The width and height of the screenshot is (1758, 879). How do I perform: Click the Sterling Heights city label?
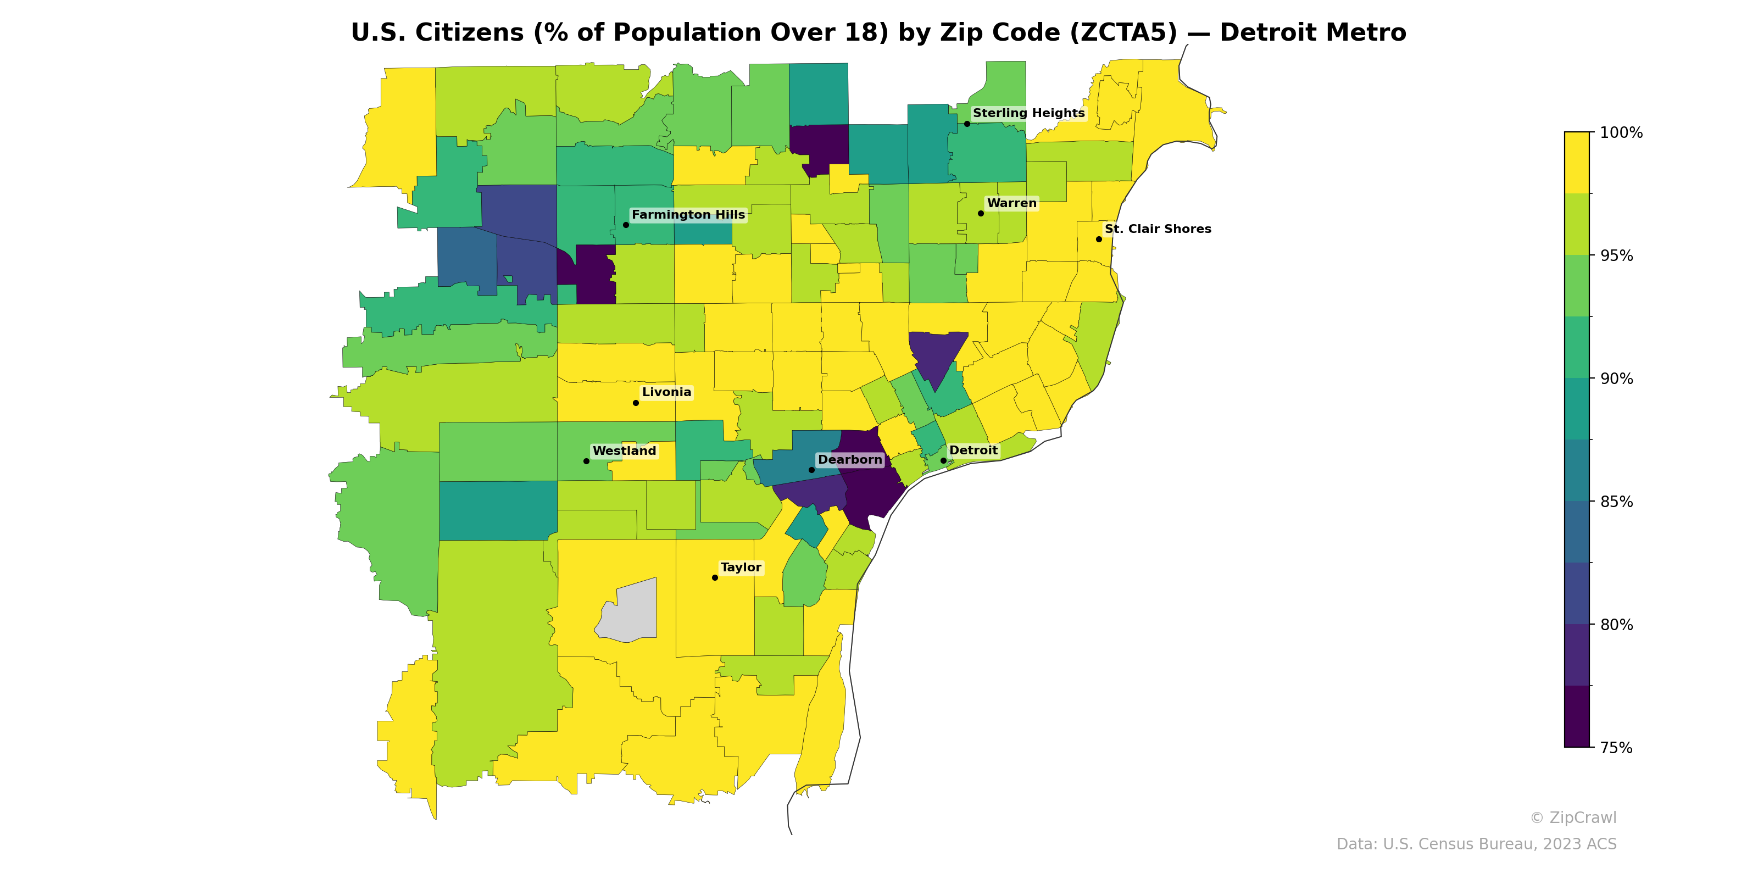click(x=1028, y=113)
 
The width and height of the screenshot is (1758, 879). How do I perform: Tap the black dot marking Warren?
click(x=981, y=214)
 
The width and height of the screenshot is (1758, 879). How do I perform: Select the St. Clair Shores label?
click(x=1158, y=229)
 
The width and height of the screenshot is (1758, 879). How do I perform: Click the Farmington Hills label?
click(x=688, y=215)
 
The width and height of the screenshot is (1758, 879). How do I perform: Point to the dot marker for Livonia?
click(x=636, y=403)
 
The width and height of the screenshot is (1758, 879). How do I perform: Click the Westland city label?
click(x=624, y=451)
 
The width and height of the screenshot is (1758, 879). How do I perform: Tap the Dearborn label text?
click(x=850, y=460)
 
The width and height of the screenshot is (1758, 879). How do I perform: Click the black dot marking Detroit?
click(x=943, y=461)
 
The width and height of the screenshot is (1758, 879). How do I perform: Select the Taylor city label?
click(x=741, y=568)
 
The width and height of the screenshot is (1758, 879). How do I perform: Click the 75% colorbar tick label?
click(x=1615, y=748)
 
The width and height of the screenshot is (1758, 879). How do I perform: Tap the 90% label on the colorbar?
click(x=1615, y=379)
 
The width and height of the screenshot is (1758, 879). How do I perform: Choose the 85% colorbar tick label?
click(x=1615, y=502)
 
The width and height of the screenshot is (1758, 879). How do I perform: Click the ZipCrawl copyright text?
click(x=1572, y=817)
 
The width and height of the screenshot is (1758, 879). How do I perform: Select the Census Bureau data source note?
click(x=1476, y=844)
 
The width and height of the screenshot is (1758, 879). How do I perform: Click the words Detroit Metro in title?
click(x=1312, y=33)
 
